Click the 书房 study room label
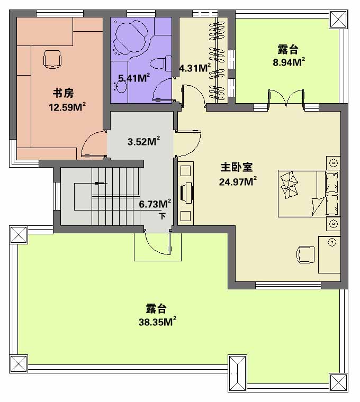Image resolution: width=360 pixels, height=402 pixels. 64,93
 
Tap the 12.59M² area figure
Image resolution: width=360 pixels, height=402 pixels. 67,107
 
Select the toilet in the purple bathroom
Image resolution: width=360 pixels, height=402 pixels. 161,63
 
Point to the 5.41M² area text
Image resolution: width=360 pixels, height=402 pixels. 134,78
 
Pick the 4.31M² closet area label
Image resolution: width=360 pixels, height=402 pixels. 195,68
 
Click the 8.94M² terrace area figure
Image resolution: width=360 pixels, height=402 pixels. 289,62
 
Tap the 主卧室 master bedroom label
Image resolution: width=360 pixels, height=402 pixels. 236,167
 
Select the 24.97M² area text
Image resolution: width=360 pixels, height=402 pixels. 238,181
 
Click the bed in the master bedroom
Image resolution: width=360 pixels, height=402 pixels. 309,194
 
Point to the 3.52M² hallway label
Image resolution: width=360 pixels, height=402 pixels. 143,141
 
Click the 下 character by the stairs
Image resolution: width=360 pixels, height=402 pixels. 162,216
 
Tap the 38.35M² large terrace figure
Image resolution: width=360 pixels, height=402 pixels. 157,322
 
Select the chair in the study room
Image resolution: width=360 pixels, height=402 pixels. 52,59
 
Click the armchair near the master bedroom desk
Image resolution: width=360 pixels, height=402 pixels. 305,254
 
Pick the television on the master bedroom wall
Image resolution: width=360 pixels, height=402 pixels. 186,193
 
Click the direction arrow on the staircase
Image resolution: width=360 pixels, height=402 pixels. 101,184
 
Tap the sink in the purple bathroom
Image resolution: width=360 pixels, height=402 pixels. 120,86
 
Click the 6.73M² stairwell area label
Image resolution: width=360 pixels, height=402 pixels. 155,204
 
